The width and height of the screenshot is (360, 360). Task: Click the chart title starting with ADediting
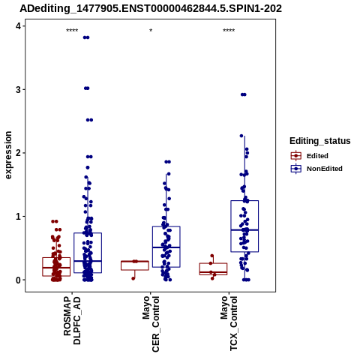(x=151, y=9)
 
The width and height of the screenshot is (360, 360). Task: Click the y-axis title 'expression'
(x=8, y=155)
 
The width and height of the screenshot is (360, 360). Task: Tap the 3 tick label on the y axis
(x=19, y=89)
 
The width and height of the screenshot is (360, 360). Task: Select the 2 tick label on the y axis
(x=19, y=153)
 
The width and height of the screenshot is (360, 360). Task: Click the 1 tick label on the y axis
(x=19, y=216)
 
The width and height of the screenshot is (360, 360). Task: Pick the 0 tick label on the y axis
(x=19, y=280)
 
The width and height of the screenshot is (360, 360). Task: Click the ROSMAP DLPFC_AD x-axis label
(x=72, y=321)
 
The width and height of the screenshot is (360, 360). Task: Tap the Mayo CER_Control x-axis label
(x=151, y=324)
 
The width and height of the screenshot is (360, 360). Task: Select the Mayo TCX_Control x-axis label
(x=229, y=323)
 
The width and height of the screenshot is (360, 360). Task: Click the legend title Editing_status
(x=320, y=141)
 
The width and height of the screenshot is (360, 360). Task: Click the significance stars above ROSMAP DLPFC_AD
(x=72, y=31)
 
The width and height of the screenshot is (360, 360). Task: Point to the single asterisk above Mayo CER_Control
(x=151, y=31)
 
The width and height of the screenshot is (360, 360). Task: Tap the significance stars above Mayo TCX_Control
(x=229, y=31)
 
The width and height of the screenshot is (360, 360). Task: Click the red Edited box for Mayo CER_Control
(x=135, y=265)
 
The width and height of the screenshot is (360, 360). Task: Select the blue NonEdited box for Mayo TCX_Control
(x=244, y=226)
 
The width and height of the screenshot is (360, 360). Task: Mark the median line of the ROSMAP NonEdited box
(x=88, y=261)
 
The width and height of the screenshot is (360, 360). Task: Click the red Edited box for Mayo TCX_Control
(x=213, y=269)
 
